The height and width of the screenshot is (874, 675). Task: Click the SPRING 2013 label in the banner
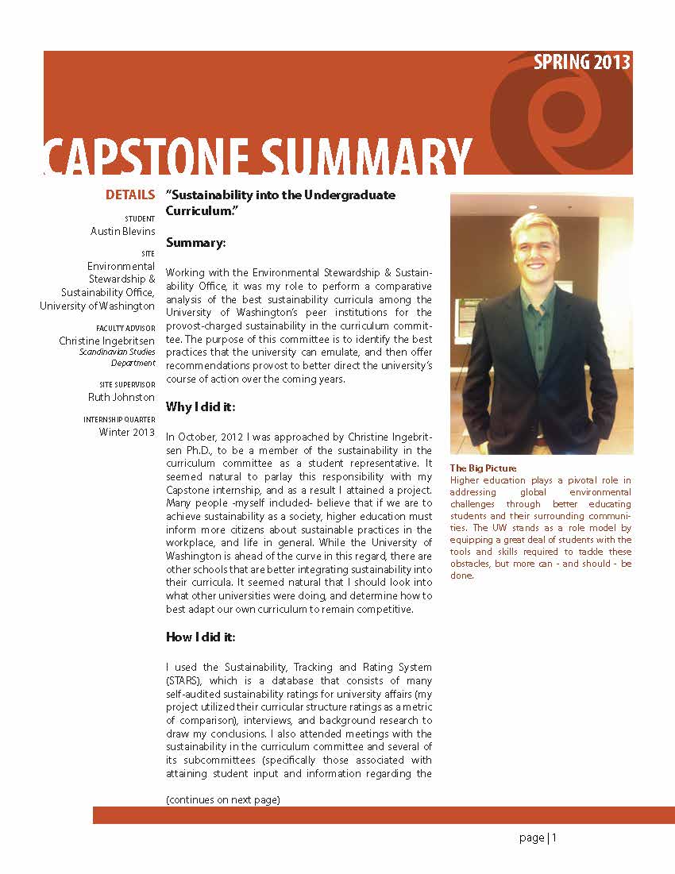tap(582, 63)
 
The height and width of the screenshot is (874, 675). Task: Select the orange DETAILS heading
tap(130, 195)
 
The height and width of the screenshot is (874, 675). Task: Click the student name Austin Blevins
tap(123, 231)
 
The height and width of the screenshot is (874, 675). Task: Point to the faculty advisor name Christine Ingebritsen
tap(107, 341)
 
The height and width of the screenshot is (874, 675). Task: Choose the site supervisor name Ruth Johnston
tap(121, 397)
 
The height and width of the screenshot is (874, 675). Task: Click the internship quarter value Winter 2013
tap(127, 432)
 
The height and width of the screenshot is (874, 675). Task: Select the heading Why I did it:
tap(200, 407)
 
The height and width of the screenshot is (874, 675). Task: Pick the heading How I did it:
tap(200, 637)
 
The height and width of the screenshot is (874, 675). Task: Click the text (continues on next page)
tap(223, 799)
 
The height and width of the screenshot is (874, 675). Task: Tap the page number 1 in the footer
tap(555, 837)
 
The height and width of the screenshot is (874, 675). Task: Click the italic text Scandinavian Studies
tap(118, 352)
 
